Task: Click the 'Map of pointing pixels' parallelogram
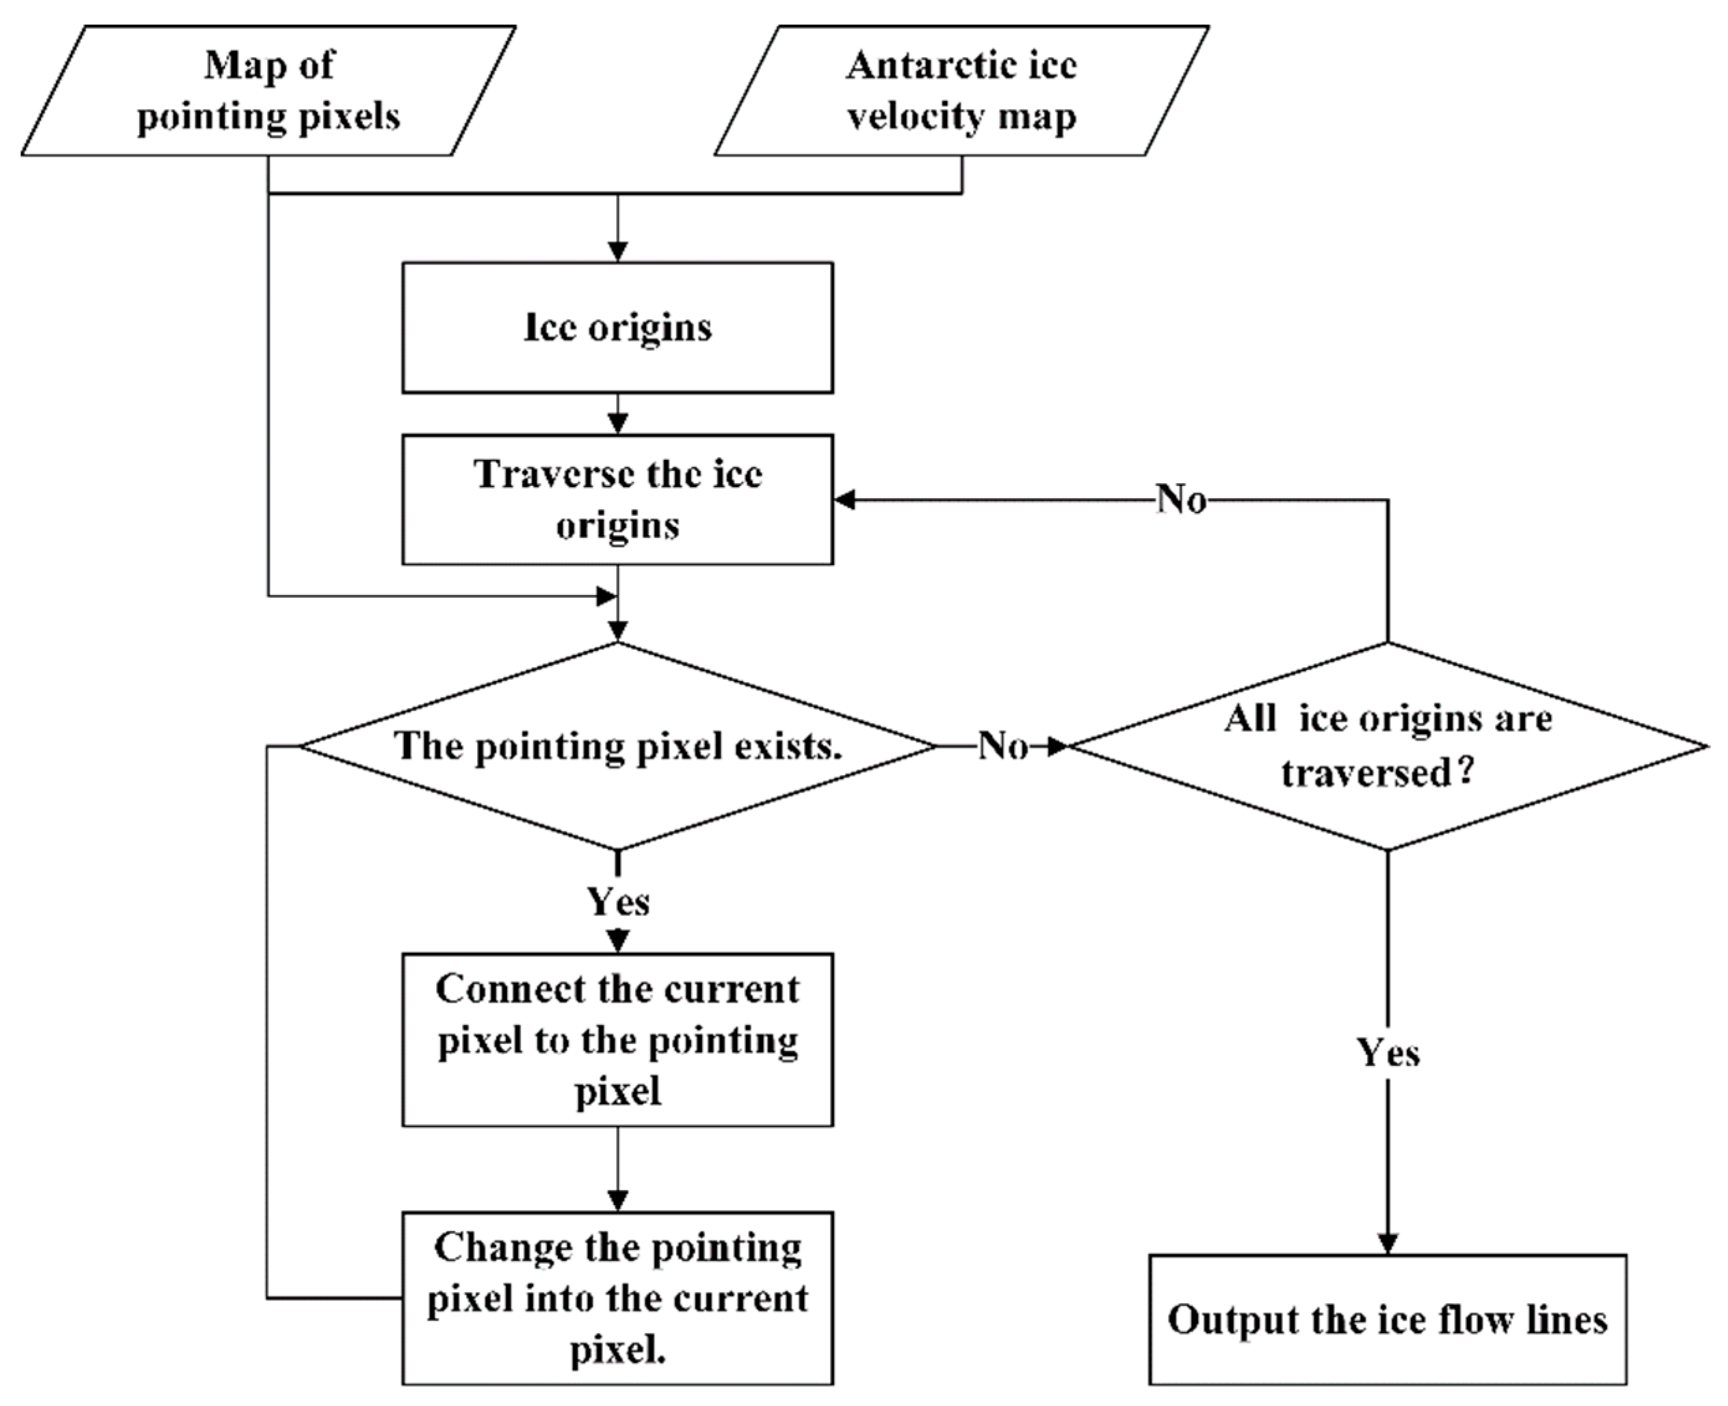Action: [x=268, y=91]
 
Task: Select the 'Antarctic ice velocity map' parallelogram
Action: [x=961, y=91]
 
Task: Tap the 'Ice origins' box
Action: [x=617, y=328]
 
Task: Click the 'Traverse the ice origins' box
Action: [x=617, y=500]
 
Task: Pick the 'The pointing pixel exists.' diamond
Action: [x=617, y=746]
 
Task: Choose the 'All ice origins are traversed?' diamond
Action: [x=1387, y=746]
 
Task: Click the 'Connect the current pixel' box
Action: [x=617, y=1039]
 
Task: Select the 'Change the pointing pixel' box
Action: [x=617, y=1298]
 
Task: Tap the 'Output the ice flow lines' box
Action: [x=1387, y=1319]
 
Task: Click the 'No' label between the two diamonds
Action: [x=1003, y=746]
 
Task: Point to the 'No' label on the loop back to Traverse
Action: [x=1182, y=500]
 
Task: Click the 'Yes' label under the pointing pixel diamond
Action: [x=618, y=902]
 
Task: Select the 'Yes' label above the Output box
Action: [x=1388, y=1053]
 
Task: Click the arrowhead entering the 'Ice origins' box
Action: [x=618, y=252]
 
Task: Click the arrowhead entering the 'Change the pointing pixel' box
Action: [x=618, y=1200]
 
